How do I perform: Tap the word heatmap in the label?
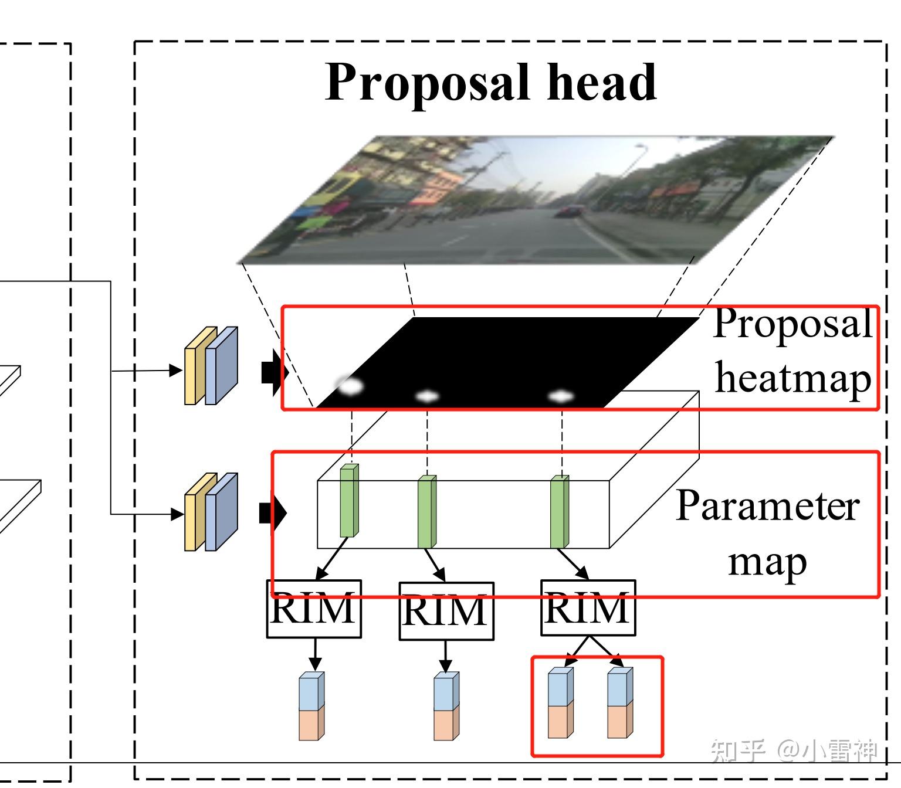(793, 378)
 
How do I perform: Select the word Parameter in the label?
(767, 505)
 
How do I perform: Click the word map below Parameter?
(767, 561)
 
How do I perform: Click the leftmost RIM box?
(314, 609)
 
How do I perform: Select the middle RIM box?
(446, 611)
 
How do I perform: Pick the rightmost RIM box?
(587, 608)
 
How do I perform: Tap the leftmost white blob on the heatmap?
(350, 386)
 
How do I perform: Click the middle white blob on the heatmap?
(427, 396)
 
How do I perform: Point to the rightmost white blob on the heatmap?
(561, 397)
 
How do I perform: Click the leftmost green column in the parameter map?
(349, 501)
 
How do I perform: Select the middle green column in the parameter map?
(426, 511)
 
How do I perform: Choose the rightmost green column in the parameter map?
(560, 511)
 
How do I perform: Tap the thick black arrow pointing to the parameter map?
(272, 513)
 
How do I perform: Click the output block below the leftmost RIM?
(311, 706)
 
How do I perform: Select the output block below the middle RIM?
(446, 706)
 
